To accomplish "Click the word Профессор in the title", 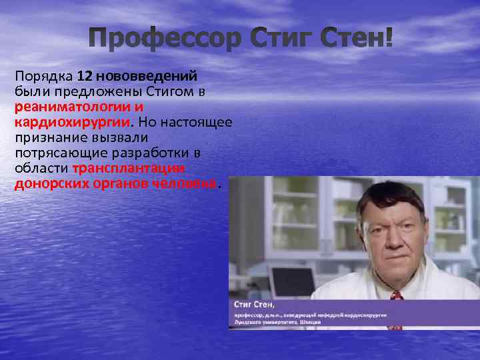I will tap(164, 40).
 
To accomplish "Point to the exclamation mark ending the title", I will tap(389, 40).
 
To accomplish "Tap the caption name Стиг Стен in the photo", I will tap(257, 304).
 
